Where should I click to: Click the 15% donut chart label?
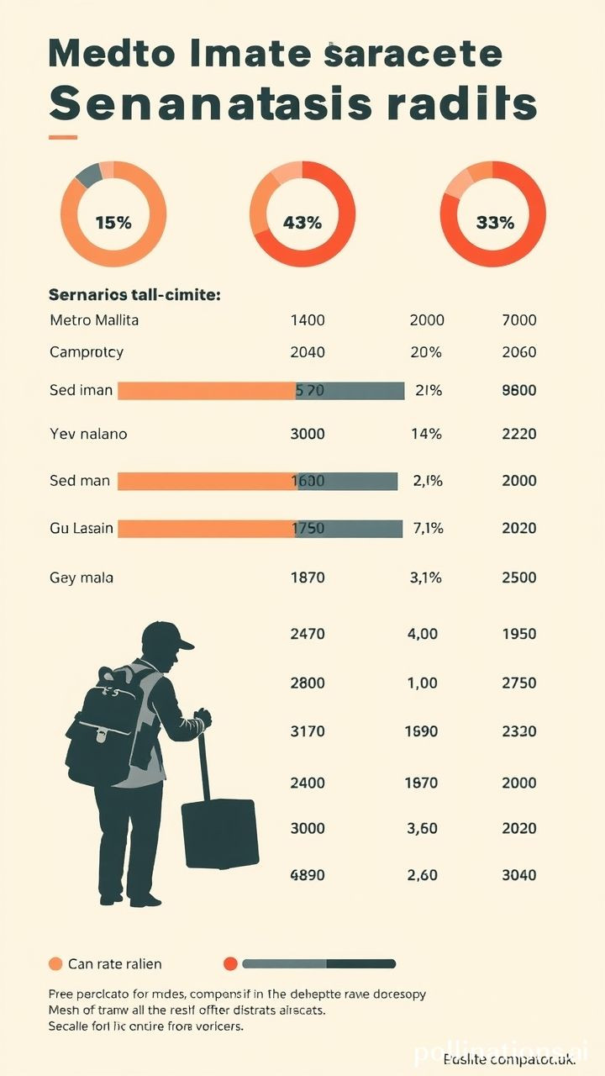click(x=113, y=223)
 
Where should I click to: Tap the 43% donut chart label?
click(x=302, y=223)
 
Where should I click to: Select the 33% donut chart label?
click(x=494, y=223)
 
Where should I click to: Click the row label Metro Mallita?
click(x=94, y=320)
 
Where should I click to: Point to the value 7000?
click(x=518, y=320)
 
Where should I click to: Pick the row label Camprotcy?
click(x=87, y=352)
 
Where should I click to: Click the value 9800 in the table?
click(x=518, y=390)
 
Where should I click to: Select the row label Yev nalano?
click(x=88, y=435)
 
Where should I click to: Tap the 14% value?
click(x=426, y=435)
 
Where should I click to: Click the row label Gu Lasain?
click(x=82, y=529)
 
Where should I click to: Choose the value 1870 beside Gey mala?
click(x=307, y=578)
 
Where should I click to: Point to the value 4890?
click(x=307, y=875)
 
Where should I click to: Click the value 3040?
click(x=518, y=875)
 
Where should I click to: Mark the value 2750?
click(x=518, y=683)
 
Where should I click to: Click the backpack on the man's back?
click(x=109, y=723)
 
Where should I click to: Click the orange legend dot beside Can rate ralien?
click(x=56, y=963)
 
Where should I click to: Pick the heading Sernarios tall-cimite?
click(x=134, y=295)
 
